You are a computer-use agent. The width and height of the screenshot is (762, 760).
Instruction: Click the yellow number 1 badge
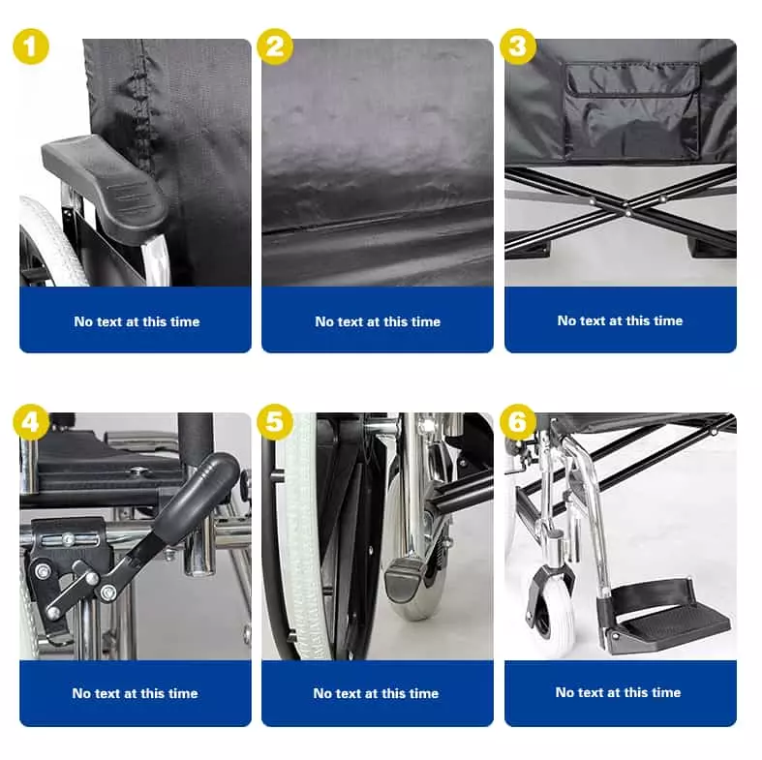31,46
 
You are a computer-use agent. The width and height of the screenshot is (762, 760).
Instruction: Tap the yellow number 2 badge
275,46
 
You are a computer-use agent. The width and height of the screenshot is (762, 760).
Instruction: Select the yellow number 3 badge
518,46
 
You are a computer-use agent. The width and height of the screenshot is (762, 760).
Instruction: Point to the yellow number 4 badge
31,422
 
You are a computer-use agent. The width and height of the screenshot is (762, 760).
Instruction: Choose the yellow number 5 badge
275,422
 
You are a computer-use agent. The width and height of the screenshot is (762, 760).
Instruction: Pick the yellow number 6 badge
518,422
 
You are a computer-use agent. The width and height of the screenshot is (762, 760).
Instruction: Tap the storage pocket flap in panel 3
632,80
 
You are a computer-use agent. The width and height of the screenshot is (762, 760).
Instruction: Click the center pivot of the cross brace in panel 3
627,212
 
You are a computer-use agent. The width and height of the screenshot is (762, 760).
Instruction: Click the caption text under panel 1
137,321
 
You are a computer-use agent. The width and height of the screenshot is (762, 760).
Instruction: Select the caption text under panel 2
378,321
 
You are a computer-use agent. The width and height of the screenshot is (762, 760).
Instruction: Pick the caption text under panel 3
620,320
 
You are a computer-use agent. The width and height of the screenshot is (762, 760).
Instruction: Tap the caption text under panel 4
136,693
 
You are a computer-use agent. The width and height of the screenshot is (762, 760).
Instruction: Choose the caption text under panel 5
376,693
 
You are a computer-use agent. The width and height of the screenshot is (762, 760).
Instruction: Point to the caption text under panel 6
618,692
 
